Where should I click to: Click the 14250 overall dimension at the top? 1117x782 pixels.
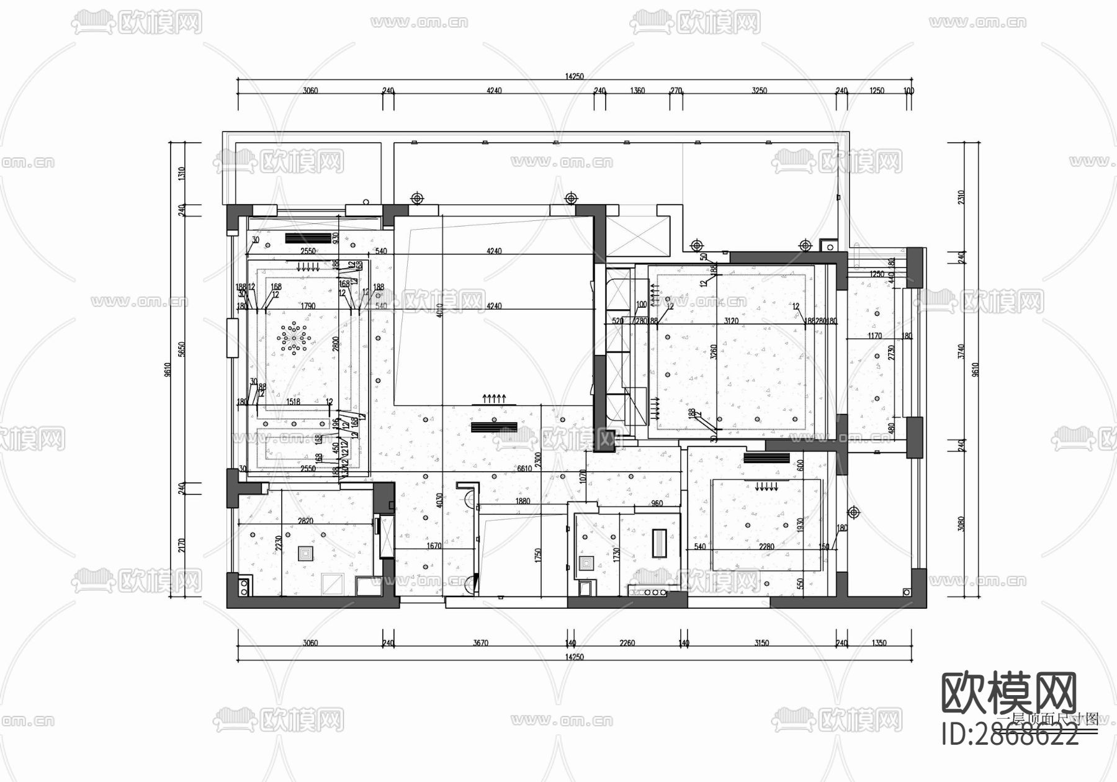574,76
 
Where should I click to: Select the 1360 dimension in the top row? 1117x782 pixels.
637,91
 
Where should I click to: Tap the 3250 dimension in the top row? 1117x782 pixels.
759,91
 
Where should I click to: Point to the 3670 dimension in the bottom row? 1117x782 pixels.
480,643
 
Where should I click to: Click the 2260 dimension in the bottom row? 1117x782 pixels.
627,643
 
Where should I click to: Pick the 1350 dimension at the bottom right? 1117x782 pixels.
879,643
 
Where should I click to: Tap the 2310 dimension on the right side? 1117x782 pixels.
961,197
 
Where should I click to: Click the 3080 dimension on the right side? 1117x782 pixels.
961,524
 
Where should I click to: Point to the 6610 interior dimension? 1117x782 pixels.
525,469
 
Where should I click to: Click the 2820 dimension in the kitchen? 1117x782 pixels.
305,521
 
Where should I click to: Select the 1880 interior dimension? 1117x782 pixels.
523,501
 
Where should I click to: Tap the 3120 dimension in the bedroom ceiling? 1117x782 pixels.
731,321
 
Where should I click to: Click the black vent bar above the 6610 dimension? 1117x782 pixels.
494,427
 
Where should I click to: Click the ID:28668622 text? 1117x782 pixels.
1010,737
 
